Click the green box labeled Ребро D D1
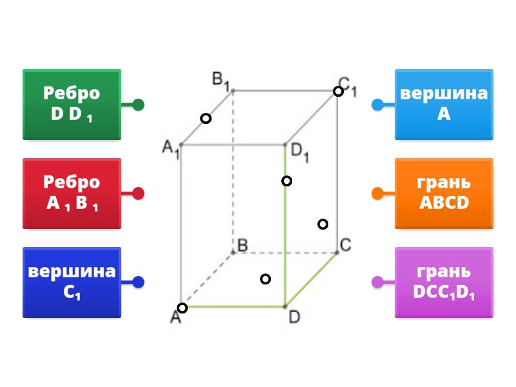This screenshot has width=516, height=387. click(x=72, y=104)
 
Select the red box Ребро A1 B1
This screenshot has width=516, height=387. click(x=72, y=193)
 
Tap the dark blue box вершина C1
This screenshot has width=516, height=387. click(x=72, y=282)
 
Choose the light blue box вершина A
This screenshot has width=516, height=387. click(x=444, y=104)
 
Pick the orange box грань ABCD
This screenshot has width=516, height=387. click(x=444, y=193)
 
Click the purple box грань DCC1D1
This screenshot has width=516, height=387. click(x=444, y=282)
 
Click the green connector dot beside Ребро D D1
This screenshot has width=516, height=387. click(x=138, y=104)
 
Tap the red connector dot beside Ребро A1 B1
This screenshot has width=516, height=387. click(x=138, y=193)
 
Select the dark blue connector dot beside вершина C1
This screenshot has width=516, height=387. click(x=138, y=282)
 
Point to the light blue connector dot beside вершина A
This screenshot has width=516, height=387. click(x=377, y=104)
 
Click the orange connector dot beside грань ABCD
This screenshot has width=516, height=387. click(x=377, y=193)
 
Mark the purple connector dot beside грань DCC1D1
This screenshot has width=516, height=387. click(x=377, y=282)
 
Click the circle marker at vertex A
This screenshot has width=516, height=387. click(x=183, y=308)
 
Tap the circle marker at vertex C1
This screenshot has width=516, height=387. click(x=338, y=91)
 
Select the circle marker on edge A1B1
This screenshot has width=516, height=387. click(x=205, y=118)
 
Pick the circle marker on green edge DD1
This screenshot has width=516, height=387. click(x=286, y=181)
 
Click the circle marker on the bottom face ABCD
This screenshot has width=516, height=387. click(x=265, y=279)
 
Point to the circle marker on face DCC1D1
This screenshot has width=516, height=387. click(x=322, y=224)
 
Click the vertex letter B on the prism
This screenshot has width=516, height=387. click(x=243, y=245)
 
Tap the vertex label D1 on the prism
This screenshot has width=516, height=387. click(x=300, y=152)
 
